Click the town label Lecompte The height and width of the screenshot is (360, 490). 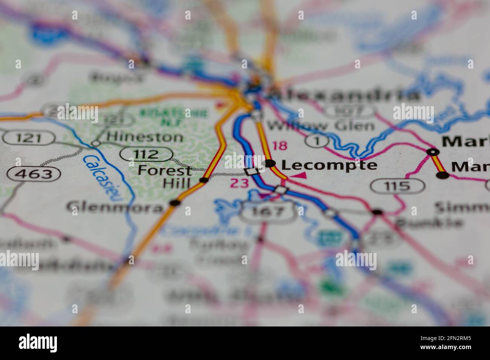click(x=329, y=165)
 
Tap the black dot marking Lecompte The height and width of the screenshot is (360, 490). click(x=270, y=163)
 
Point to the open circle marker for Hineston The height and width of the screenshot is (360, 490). click(x=96, y=143)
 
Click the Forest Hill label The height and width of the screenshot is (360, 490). click(x=165, y=176)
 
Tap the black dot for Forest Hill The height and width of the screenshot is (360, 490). click(x=204, y=180)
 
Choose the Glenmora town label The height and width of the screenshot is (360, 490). click(x=115, y=207)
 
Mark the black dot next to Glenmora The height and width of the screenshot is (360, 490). click(x=174, y=203)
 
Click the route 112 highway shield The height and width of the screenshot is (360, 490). click(x=147, y=154)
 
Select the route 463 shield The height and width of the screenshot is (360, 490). click(x=34, y=174)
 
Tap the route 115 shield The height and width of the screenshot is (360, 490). click(x=397, y=186)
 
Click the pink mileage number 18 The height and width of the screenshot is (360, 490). click(x=280, y=145)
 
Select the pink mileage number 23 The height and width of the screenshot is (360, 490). click(x=240, y=183)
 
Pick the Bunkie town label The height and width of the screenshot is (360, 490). click(x=429, y=222)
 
